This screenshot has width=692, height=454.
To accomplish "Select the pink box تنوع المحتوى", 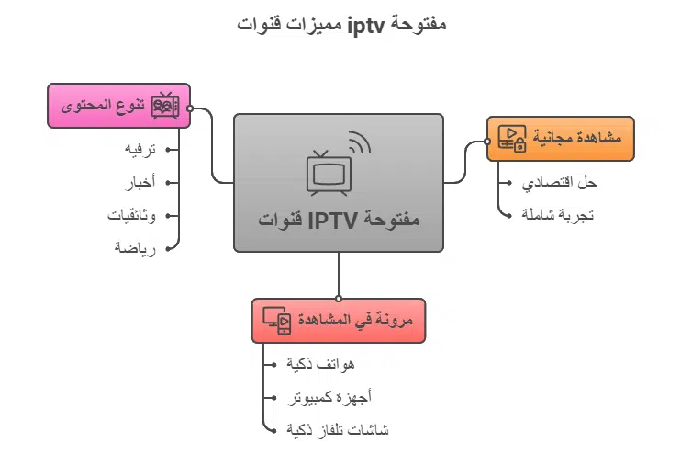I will click(117, 107).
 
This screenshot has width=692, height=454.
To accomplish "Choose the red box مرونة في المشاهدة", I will click(339, 320).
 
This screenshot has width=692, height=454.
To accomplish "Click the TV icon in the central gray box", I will click(329, 168).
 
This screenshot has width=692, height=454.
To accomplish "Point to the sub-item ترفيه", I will click(140, 149).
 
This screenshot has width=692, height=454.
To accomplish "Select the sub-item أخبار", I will click(140, 182).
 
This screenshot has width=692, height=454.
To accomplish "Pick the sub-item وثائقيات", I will click(133, 215).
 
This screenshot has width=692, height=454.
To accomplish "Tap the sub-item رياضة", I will click(136, 248).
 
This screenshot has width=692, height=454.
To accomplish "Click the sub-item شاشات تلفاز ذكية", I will click(338, 429).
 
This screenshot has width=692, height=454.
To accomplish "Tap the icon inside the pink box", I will click(165, 106).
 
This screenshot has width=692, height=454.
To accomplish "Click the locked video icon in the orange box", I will click(511, 139).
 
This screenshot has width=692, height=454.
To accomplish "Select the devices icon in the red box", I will click(277, 320).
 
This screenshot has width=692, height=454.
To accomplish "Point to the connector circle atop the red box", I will click(339, 298).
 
